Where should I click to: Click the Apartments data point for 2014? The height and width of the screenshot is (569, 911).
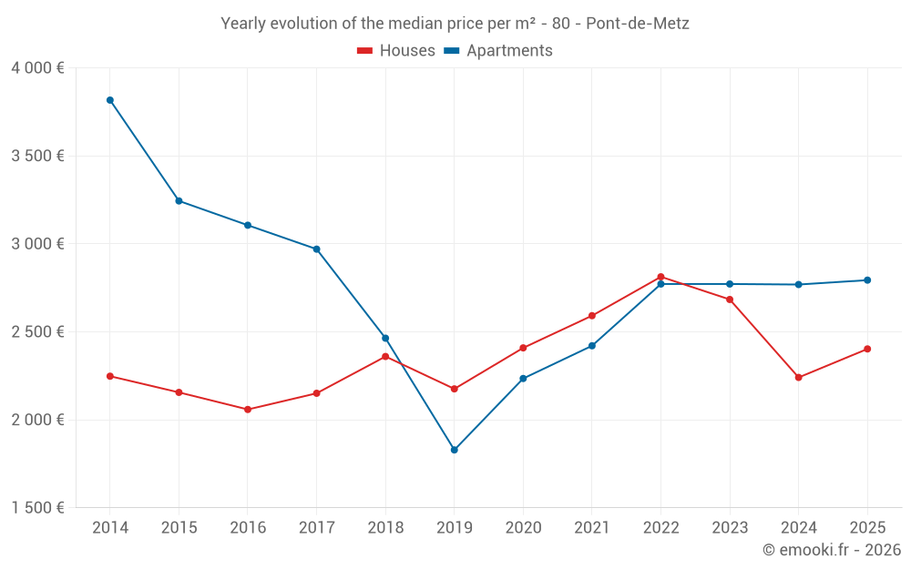(110, 100)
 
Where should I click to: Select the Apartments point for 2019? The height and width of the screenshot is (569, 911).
(455, 450)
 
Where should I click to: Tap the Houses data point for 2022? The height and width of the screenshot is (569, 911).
(660, 277)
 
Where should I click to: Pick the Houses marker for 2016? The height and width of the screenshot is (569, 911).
(248, 410)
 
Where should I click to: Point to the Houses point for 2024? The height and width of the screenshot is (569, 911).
(799, 378)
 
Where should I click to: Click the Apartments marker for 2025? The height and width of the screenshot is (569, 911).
(867, 280)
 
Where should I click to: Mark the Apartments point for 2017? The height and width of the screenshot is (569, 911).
(317, 249)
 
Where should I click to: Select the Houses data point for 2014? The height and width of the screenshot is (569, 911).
(110, 376)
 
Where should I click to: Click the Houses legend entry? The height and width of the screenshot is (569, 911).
(396, 51)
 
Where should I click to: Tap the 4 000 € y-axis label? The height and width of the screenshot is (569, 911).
(37, 68)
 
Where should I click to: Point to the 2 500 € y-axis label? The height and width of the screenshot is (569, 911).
(37, 332)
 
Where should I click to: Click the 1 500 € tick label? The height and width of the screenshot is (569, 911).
(37, 508)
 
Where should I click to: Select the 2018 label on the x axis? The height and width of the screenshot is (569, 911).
(385, 528)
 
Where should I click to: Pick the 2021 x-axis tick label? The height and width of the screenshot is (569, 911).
(592, 528)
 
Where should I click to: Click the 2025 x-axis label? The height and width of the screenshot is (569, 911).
(867, 528)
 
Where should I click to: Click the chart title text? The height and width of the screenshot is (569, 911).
(455, 24)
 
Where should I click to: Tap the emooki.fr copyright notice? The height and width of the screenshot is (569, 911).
(832, 550)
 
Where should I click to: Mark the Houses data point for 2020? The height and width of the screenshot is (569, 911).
(523, 348)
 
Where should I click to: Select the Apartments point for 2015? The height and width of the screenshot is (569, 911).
(179, 201)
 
